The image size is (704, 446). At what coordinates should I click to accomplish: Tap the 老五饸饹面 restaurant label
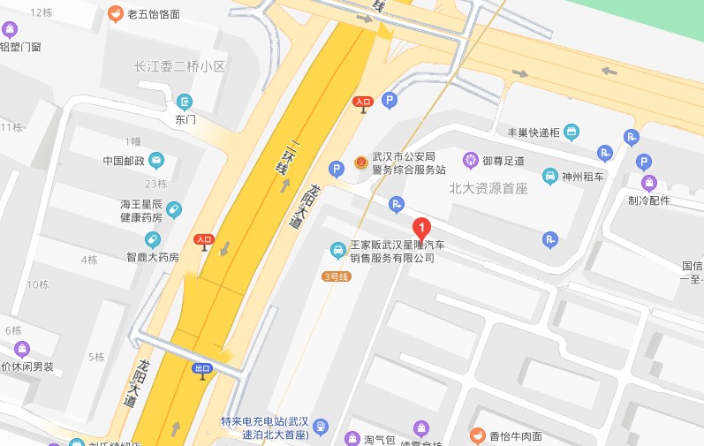153,14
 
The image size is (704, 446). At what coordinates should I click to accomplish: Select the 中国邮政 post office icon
156,161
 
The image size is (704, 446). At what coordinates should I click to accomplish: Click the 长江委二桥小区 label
180,66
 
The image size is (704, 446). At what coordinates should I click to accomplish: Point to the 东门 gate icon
184,102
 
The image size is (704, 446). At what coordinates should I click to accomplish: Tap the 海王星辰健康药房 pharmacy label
141,210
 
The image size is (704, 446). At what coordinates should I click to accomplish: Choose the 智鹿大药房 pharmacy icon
153,239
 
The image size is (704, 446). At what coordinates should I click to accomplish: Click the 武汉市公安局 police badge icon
361,163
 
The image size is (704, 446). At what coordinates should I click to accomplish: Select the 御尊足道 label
503,161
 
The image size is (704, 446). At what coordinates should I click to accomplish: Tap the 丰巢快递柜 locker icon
572,133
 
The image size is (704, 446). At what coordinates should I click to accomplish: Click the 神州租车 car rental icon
550,176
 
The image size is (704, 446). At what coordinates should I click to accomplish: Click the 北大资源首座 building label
488,188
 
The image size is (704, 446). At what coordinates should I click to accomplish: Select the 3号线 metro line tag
337,276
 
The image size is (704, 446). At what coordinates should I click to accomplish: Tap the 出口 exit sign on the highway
202,368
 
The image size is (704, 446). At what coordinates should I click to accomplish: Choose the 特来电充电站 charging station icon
321,427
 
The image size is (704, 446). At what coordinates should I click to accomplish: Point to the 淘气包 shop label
377,439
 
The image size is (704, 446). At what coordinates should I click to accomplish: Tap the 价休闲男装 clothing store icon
21,349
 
